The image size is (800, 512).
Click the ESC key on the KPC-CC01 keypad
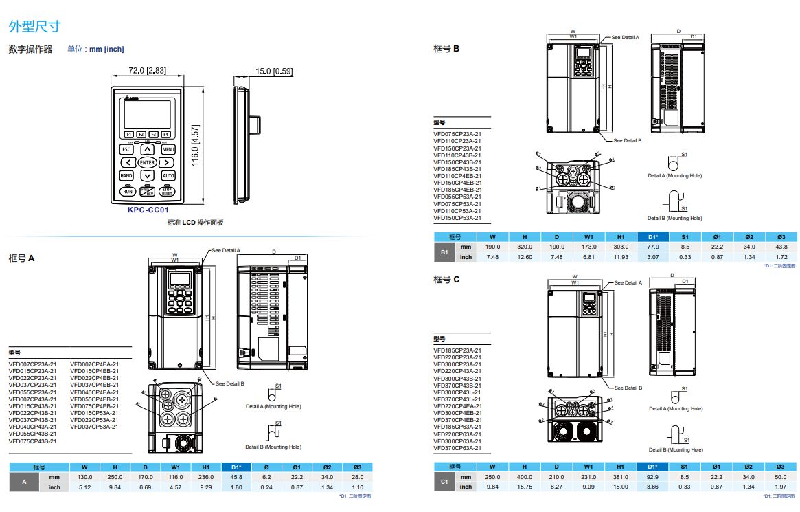[126, 149]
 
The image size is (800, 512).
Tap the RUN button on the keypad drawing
[128, 192]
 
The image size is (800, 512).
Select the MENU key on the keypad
[168, 149]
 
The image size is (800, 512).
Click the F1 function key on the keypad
[128, 134]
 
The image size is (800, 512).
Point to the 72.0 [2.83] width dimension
[147, 71]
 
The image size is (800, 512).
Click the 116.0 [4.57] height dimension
[195, 145]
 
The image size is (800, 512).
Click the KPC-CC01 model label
[148, 211]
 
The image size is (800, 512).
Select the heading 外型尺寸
[34, 27]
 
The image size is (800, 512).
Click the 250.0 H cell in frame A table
[115, 477]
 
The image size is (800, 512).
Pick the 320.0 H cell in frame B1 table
[525, 247]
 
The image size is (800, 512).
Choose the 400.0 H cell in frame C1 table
[525, 477]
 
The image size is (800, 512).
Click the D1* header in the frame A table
[236, 467]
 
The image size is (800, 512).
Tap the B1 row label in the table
[444, 252]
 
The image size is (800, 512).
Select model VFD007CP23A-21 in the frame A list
[32, 364]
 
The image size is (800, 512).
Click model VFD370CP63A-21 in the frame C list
[457, 448]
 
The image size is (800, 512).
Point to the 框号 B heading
[446, 49]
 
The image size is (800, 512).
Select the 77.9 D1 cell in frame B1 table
[653, 247]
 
